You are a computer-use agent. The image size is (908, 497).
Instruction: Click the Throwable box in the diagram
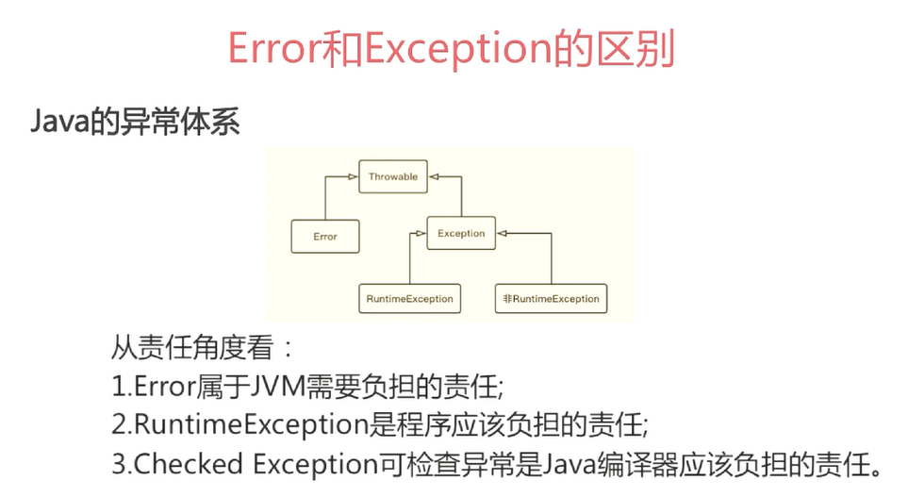(393, 176)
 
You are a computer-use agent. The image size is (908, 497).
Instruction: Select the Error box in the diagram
(325, 237)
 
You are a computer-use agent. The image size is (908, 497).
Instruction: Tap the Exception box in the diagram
(461, 233)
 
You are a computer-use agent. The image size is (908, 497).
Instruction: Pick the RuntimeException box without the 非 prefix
(409, 298)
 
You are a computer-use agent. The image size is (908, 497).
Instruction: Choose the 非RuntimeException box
(552, 298)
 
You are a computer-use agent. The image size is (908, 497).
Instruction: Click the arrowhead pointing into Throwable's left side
(353, 176)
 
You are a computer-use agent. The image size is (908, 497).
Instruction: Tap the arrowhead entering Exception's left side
(421, 234)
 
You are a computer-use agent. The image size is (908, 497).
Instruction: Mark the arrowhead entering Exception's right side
(502, 234)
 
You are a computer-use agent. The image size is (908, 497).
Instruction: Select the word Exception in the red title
(458, 50)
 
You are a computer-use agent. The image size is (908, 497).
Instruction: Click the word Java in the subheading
(60, 122)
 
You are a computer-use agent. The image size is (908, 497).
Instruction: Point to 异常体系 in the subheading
(179, 122)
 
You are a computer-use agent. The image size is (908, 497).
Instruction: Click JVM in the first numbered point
(278, 387)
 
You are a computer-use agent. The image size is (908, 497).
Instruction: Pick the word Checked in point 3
(189, 464)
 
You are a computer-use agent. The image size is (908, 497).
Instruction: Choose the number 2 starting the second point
(119, 425)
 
